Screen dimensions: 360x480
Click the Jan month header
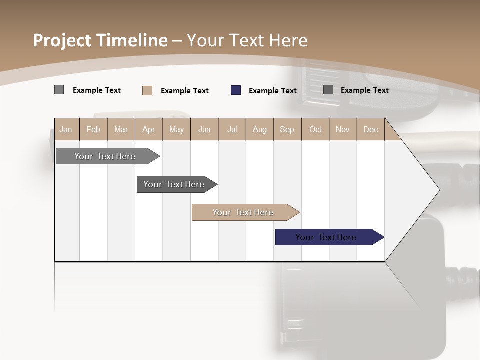point(66,129)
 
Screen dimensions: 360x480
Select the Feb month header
point(93,129)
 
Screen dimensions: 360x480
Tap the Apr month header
point(149,129)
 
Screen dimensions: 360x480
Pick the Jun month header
point(204,129)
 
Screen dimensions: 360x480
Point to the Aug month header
point(260,129)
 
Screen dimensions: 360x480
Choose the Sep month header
point(287,129)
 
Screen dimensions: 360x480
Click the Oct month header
point(315,129)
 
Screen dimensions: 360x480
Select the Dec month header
point(371,129)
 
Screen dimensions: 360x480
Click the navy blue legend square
point(236,90)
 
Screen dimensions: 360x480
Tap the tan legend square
point(147,90)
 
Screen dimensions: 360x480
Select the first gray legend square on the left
point(59,90)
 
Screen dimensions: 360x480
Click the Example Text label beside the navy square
point(273,91)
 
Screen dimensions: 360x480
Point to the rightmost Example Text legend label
point(365,90)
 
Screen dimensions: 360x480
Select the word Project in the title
point(62,40)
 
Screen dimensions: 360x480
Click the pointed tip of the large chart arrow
point(438,189)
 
